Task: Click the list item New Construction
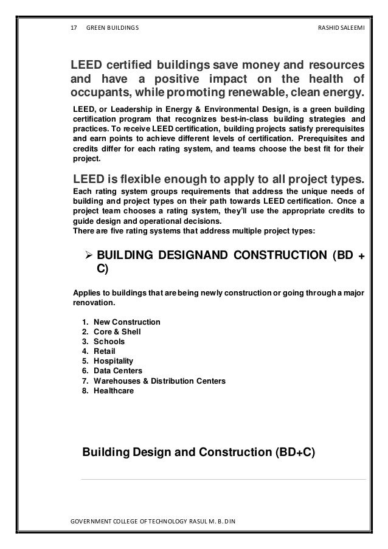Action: point(126,322)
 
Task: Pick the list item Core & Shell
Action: point(117,331)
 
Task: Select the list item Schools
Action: point(109,341)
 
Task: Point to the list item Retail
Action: point(105,351)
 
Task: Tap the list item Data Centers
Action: point(118,371)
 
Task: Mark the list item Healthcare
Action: point(114,390)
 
